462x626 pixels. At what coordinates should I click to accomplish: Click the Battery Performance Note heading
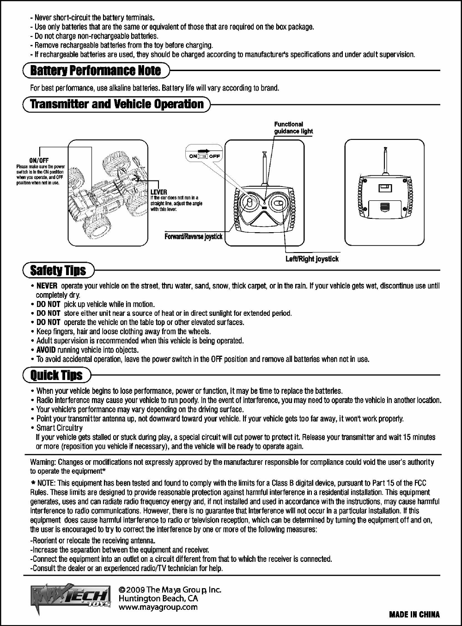[96, 71]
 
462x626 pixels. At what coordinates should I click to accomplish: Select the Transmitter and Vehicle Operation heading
[116, 104]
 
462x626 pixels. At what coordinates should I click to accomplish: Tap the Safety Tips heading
[58, 270]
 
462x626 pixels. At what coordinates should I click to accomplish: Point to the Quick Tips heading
[56, 375]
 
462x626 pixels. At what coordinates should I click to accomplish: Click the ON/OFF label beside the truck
[39, 161]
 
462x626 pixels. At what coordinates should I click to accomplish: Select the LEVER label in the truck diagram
[159, 192]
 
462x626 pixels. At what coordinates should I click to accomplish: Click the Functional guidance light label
[293, 127]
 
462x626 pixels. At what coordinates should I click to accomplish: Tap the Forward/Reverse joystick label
[194, 237]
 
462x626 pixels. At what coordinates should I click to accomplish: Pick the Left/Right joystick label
[312, 259]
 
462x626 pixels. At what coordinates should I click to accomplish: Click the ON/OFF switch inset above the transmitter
[204, 155]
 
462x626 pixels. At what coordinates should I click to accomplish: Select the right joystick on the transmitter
[278, 203]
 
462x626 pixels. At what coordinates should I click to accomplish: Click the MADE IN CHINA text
[414, 614]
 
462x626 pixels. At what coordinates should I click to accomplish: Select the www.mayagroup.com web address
[158, 608]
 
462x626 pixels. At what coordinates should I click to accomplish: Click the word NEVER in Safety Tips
[47, 286]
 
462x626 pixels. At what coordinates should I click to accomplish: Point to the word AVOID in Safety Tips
[46, 350]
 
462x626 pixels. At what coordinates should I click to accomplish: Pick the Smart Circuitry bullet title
[59, 428]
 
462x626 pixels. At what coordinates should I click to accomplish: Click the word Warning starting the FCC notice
[43, 462]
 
